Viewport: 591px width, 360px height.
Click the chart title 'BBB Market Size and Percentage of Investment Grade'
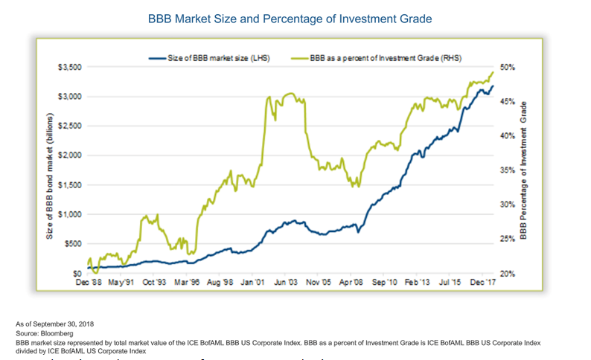[x=295, y=17]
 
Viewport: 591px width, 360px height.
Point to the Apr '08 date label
[x=352, y=283]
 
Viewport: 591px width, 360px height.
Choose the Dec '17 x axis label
[x=484, y=283]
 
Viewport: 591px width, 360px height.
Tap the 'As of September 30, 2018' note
[x=56, y=324]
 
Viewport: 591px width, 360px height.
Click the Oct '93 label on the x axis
[x=154, y=283]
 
